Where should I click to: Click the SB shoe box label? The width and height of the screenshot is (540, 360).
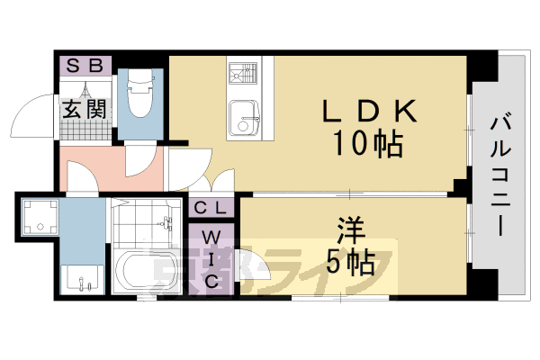point(85,66)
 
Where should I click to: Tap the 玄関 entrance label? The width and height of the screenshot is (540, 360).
point(85,109)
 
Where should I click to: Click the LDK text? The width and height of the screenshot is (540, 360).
point(369,112)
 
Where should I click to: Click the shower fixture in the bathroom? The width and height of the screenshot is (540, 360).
point(166,225)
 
